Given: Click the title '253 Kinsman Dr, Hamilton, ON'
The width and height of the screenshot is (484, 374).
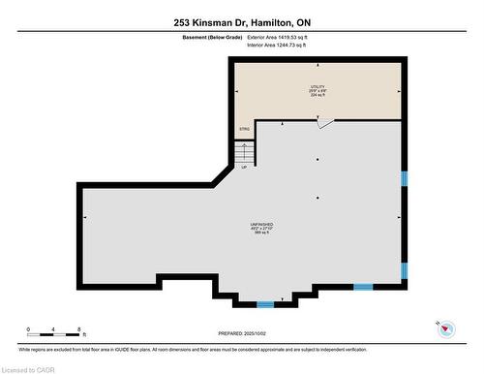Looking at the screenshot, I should coord(241,22).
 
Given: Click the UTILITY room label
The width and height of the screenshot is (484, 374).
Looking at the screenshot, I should coord(318,86).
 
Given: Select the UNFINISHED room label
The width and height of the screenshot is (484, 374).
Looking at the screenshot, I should coord(261,224).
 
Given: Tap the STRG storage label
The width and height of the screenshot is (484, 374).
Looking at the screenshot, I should coord(244,128).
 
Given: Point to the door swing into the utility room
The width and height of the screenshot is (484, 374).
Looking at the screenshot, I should coord(327,123).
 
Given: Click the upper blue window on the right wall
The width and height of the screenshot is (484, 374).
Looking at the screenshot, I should coord(404,178).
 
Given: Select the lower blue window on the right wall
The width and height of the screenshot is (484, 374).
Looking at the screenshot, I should coord(404,268).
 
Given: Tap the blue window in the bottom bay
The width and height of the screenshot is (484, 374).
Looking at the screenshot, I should coord(264,304).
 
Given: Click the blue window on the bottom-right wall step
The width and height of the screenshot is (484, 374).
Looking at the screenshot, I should coord(363,287).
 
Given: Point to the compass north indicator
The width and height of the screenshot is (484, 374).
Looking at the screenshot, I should coord(446,329).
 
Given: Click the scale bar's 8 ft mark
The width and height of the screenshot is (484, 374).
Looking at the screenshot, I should coord(81,329).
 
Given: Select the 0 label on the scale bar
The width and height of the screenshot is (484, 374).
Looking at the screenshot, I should coord(28,329).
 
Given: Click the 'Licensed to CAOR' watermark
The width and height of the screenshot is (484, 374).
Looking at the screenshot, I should coord(29,368).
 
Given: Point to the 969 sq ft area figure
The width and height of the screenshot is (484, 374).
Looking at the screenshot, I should coord(261,234).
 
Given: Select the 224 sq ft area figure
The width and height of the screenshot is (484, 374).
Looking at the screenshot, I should coord(318,95).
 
